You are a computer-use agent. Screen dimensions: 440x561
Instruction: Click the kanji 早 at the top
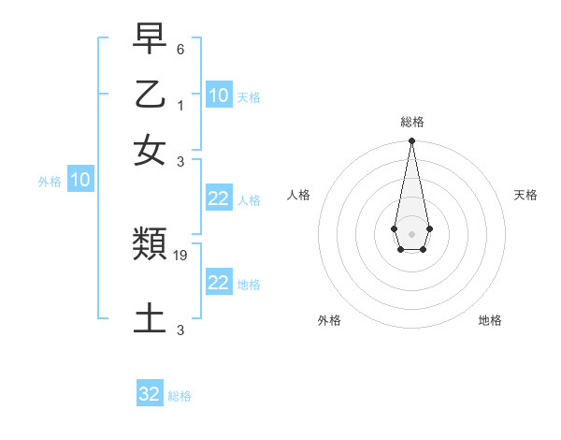[150, 40]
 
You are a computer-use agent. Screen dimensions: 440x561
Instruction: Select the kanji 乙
[150, 95]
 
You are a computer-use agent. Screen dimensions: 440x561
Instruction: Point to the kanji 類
[150, 245]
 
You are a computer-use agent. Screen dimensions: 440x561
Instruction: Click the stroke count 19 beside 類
[181, 255]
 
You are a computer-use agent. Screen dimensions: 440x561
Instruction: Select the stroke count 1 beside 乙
[180, 104]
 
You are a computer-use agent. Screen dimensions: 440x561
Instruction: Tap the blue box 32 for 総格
[150, 394]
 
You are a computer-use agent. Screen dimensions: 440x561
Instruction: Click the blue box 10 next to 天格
[219, 95]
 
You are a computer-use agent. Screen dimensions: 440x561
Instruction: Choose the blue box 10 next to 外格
[80, 181]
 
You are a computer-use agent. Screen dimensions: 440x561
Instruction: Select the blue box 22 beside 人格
[219, 198]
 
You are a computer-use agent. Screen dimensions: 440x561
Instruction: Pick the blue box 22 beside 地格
[219, 283]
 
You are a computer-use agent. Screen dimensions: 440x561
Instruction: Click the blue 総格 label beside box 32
[180, 396]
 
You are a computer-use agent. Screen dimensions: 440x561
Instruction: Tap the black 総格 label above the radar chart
[411, 122]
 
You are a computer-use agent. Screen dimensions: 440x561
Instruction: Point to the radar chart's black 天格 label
[525, 195]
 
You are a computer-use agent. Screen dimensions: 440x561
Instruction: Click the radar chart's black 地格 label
[490, 320]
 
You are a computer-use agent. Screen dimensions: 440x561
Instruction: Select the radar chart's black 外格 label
[329, 320]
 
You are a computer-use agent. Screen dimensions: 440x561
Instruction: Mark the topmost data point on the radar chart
[411, 141]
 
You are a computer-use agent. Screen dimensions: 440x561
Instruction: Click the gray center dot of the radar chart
[411, 232]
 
